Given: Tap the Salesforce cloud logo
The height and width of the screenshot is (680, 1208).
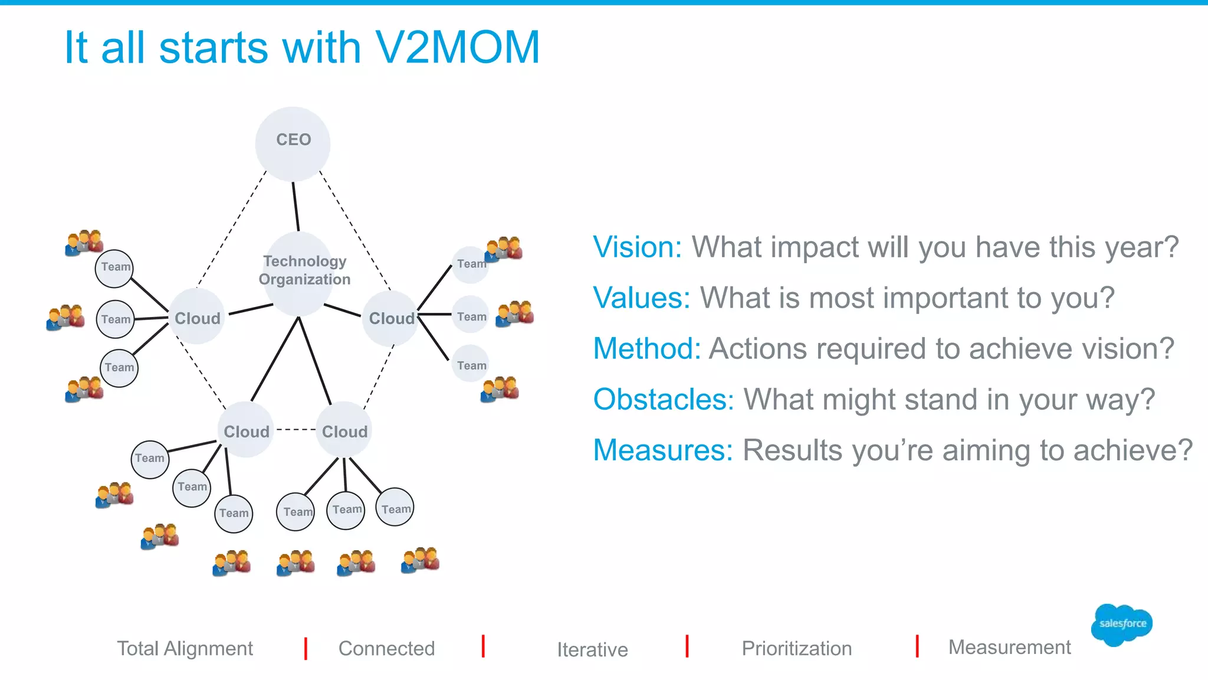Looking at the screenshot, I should click(x=1121, y=625).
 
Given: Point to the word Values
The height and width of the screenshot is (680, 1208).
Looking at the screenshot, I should click(x=641, y=297).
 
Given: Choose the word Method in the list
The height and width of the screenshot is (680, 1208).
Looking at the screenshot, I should click(x=646, y=348).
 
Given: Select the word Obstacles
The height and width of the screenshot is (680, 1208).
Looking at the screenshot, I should click(x=663, y=399).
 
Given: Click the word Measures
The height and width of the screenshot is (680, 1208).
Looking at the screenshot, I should click(x=662, y=450).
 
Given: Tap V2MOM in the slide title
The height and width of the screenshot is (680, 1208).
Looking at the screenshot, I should click(x=457, y=47).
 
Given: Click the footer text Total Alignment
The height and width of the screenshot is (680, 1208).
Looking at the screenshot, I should click(x=185, y=648).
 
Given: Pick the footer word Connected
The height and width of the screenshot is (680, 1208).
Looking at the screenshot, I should click(x=386, y=648).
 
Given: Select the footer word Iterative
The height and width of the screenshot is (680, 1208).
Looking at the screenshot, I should click(x=592, y=649).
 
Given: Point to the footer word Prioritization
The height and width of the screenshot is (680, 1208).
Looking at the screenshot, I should click(x=796, y=648).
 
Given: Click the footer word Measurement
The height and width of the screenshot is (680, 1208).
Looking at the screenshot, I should click(x=1009, y=647).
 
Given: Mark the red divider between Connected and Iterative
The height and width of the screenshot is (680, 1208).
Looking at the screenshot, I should click(x=483, y=646).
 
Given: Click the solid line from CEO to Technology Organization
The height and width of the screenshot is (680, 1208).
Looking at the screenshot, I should click(x=296, y=207).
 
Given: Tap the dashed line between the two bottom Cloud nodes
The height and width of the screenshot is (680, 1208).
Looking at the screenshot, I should click(x=295, y=430).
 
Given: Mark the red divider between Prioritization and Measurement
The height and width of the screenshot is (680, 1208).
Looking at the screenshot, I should click(x=917, y=646).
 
